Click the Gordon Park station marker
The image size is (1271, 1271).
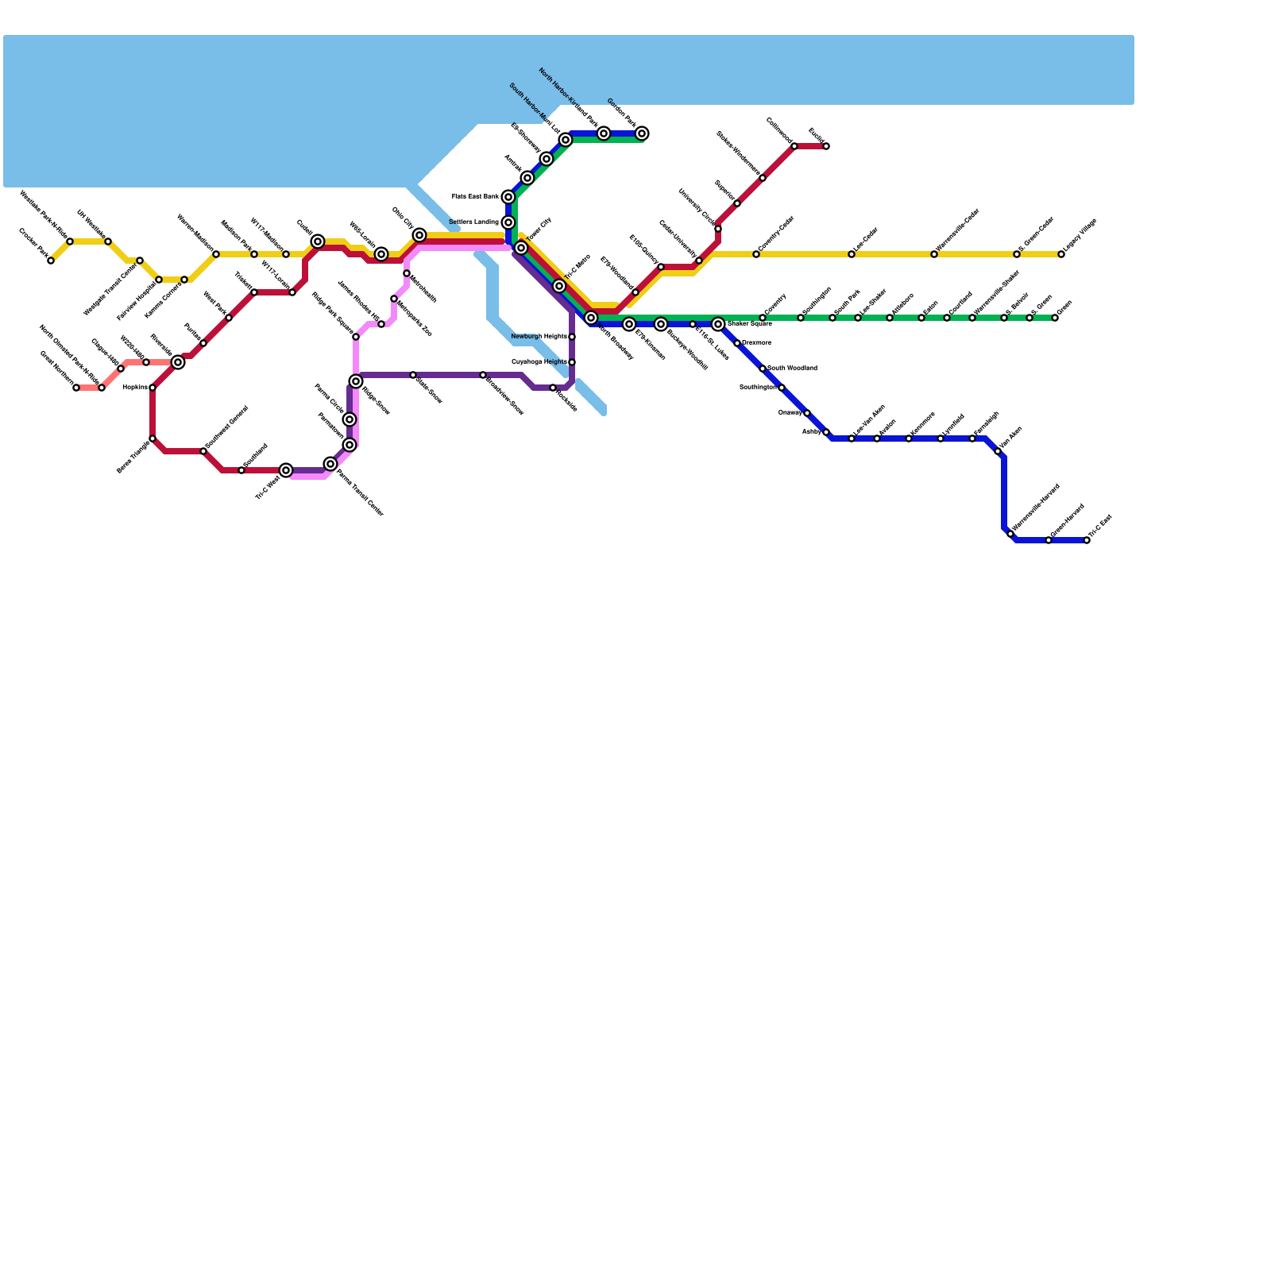pyautogui.click(x=642, y=133)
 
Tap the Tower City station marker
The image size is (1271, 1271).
pyautogui.click(x=521, y=248)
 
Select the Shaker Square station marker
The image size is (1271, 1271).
pyautogui.click(x=718, y=324)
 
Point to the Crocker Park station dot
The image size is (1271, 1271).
pyautogui.click(x=51, y=261)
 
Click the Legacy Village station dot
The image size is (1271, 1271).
pyautogui.click(x=1061, y=254)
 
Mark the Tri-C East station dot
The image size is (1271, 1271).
pyautogui.click(x=1087, y=540)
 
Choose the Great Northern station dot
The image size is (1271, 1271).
pyautogui.click(x=76, y=388)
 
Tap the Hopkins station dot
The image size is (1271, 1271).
pyautogui.click(x=153, y=388)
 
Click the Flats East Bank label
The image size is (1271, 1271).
pyautogui.click(x=475, y=196)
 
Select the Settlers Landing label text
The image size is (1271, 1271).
pyautogui.click(x=473, y=222)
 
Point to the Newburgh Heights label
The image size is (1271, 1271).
pyautogui.click(x=539, y=337)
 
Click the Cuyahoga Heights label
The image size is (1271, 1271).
pyautogui.click(x=539, y=362)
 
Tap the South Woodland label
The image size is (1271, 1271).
pyautogui.click(x=792, y=369)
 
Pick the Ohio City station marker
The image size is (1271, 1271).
pyautogui.click(x=419, y=235)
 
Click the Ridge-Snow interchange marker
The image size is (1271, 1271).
pyautogui.click(x=356, y=381)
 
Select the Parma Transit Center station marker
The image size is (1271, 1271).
pyautogui.click(x=330, y=464)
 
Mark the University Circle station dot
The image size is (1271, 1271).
pyautogui.click(x=718, y=229)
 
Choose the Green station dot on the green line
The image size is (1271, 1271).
pyautogui.click(x=1055, y=318)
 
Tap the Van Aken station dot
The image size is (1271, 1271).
pyautogui.click(x=998, y=451)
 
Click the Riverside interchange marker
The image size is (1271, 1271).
pyautogui.click(x=178, y=362)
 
